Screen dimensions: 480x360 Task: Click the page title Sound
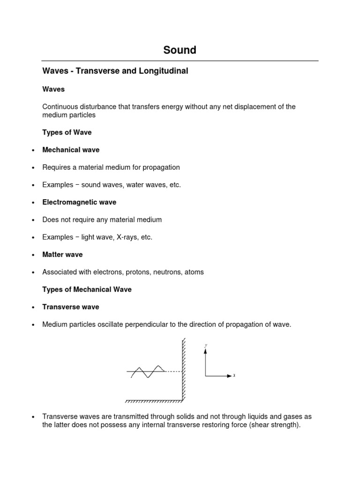(x=180, y=50)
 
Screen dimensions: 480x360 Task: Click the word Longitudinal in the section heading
(x=166, y=71)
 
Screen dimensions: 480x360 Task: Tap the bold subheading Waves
(x=53, y=89)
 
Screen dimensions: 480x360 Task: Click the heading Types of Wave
(x=67, y=132)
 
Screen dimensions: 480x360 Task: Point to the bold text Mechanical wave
(x=71, y=150)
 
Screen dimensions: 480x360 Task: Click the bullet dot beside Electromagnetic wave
(x=33, y=202)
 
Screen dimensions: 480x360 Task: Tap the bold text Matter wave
(x=62, y=255)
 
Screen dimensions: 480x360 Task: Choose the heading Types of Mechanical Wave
(x=87, y=289)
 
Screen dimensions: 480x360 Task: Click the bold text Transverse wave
(x=70, y=307)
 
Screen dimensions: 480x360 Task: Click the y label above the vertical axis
(x=206, y=345)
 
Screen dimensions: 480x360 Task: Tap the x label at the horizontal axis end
(x=234, y=376)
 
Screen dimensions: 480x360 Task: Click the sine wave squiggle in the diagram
(x=147, y=371)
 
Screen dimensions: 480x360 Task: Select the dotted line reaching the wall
(x=172, y=372)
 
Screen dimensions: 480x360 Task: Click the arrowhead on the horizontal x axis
(x=229, y=376)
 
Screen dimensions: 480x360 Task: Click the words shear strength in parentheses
(x=275, y=425)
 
